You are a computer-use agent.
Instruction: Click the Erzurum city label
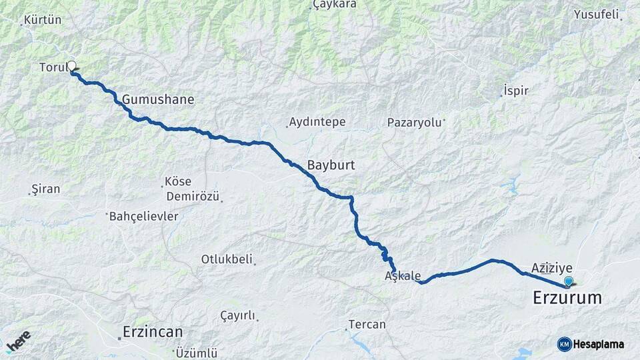click(x=567, y=298)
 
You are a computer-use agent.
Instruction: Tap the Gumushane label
click(x=158, y=99)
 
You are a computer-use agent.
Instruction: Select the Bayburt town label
click(x=331, y=165)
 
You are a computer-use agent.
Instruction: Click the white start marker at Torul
click(x=71, y=66)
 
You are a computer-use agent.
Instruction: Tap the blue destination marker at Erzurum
click(x=568, y=281)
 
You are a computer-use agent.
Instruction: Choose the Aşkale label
click(x=403, y=275)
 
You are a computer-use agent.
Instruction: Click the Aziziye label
click(x=552, y=267)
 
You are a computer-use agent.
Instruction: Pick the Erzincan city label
click(x=153, y=331)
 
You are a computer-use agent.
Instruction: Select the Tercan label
click(x=367, y=325)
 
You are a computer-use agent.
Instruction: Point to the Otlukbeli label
click(x=227, y=259)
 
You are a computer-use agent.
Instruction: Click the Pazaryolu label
click(x=415, y=123)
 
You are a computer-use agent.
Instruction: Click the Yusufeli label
click(x=597, y=14)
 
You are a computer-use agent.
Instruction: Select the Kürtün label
click(x=42, y=20)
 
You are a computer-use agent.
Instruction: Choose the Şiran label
click(x=46, y=189)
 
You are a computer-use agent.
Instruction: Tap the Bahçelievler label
click(x=143, y=216)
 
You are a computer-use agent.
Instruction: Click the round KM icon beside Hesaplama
click(x=564, y=344)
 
